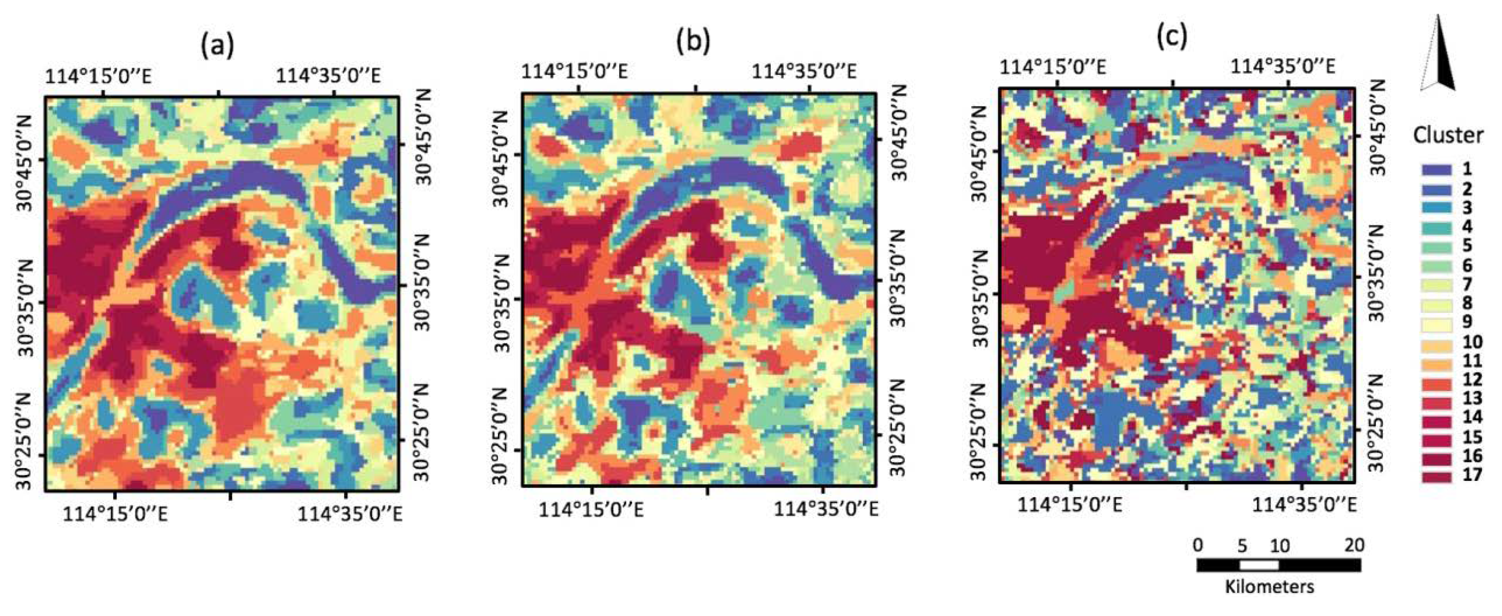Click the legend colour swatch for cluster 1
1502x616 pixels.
(1435, 170)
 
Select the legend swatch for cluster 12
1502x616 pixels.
(1435, 380)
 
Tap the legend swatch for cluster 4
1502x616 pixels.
(1435, 227)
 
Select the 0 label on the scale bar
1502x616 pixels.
(1198, 545)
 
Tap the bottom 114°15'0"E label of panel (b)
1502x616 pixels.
(591, 510)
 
